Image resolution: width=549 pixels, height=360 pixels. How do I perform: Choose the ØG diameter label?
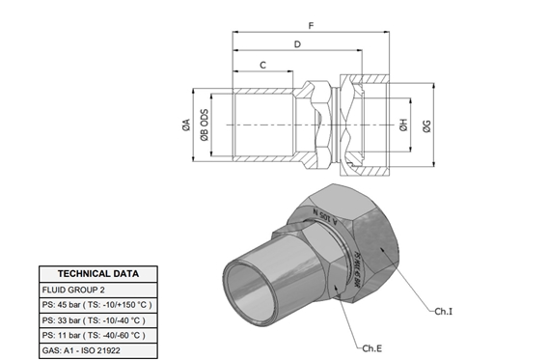426,125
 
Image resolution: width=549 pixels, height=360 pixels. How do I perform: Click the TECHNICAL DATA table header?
98,273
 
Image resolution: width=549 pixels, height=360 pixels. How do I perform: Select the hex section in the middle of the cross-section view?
320,125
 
